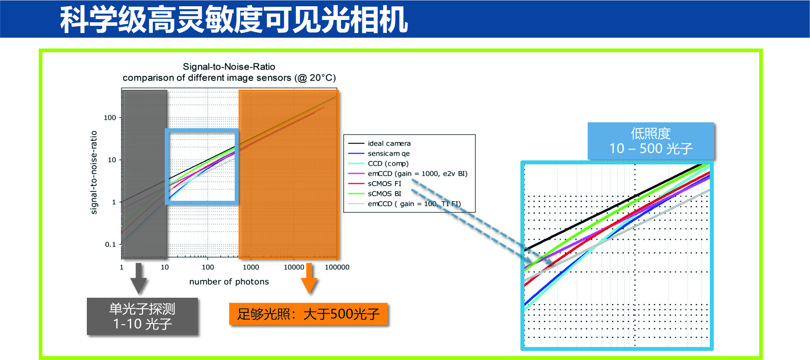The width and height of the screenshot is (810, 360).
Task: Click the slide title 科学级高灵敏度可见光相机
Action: coord(234,20)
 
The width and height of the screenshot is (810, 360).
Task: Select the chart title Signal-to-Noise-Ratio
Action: coord(229,67)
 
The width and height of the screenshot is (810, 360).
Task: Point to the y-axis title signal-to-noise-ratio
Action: coord(94,172)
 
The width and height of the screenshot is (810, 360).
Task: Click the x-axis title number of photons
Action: coord(229,281)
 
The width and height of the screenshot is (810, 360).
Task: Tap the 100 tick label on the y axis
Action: coord(110,118)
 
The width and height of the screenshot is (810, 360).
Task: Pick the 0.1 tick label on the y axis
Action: coord(110,244)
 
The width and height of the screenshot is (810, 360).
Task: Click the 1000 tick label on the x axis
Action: coord(251,267)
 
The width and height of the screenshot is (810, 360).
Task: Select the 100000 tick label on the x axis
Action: coord(337,267)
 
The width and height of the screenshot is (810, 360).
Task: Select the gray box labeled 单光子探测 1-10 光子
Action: coord(142,316)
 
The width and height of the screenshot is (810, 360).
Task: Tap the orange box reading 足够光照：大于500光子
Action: coord(309,314)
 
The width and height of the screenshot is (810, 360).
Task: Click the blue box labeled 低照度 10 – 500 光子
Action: coord(651,141)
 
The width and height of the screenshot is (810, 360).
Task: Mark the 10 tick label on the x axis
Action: coord(165,267)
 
